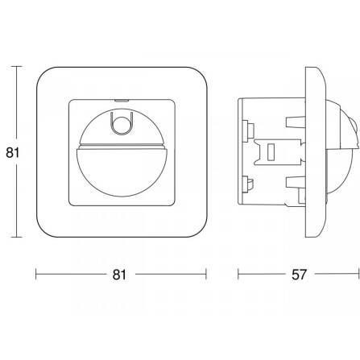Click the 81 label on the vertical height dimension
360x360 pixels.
(x=13, y=153)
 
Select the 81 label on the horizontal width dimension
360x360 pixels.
(x=119, y=275)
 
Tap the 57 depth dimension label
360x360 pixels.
(x=299, y=275)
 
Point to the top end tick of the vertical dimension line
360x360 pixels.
(x=17, y=66)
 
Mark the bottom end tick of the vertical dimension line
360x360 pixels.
(x=17, y=237)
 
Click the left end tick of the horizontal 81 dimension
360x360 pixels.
(x=36, y=274)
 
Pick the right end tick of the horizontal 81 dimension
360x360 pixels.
(x=206, y=274)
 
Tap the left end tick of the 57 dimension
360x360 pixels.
(x=238, y=274)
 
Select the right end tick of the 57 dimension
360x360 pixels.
(x=358, y=274)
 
